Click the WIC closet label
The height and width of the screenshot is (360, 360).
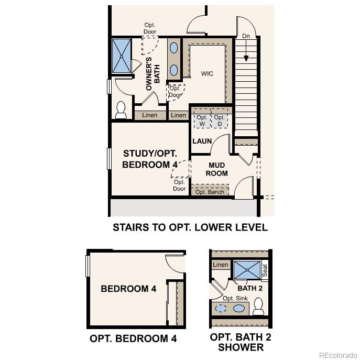coord(207,74)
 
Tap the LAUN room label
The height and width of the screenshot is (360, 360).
coord(202,141)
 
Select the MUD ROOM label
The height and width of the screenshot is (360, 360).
coord(216,169)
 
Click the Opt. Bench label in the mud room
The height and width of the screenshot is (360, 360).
coord(210,192)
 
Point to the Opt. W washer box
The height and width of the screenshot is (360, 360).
coord(202,121)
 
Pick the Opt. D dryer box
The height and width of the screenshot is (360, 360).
coord(220,121)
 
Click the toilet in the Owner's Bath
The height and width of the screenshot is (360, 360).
coord(121,110)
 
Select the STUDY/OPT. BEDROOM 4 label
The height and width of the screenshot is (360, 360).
coord(150,159)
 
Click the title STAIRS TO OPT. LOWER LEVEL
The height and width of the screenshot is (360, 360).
coord(190,227)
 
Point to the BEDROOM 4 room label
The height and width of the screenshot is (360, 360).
coord(128,289)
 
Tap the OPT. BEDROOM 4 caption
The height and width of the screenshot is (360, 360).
coord(133,339)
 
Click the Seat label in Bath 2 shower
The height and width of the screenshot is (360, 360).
coord(265,270)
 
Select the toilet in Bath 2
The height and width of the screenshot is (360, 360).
coord(258,307)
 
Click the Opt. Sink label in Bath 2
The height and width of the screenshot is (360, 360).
coord(235,298)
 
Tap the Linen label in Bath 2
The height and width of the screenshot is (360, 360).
coord(221,265)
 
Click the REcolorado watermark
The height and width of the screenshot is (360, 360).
coord(337,354)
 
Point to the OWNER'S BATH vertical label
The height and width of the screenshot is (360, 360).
coord(152,74)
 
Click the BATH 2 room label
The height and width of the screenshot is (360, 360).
coord(250,288)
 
